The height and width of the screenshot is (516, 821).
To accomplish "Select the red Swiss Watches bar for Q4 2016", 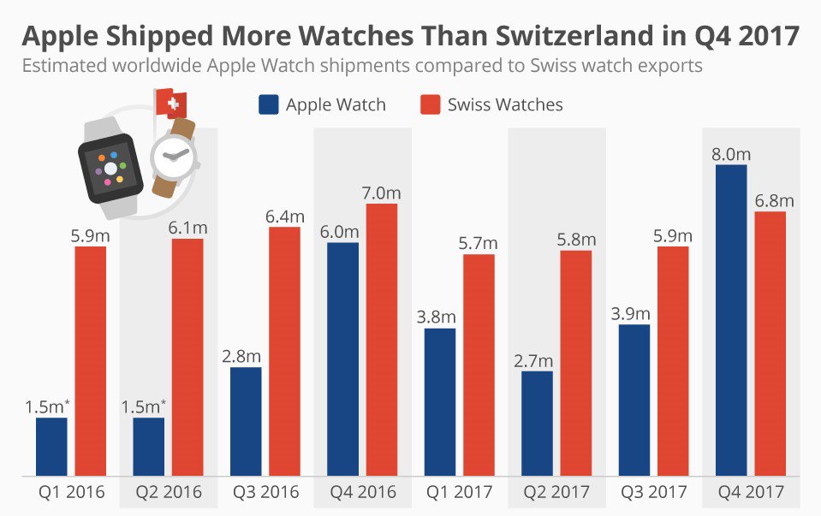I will tap(382, 339).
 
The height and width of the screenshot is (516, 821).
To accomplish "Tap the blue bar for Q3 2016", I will tap(246, 421).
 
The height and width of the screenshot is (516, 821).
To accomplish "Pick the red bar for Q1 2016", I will tap(91, 360).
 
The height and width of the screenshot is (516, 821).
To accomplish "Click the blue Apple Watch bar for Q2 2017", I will tap(537, 423).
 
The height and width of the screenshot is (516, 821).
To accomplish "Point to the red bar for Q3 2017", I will tap(673, 360).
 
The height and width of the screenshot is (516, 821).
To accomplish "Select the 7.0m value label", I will tap(381, 193).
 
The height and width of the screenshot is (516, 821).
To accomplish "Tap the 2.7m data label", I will tap(536, 360).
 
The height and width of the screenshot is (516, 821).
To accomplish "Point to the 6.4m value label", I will tap(284, 216).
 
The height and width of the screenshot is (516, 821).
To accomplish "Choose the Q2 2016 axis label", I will tap(169, 493).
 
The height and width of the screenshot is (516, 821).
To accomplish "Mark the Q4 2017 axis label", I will tap(751, 493).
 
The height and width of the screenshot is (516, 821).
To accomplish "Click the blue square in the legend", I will tap(268, 104).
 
